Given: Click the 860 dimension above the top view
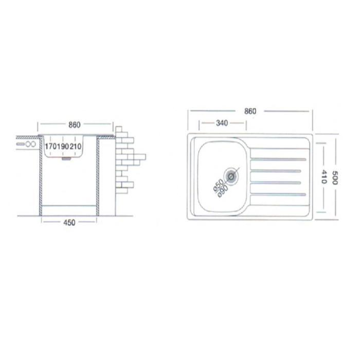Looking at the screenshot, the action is tap(250, 112).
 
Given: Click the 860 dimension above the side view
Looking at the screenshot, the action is tap(75, 125).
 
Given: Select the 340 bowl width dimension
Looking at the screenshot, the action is tap(222, 123).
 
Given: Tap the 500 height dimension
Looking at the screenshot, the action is tap(335, 178).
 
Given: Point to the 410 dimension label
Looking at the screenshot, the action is tap(323, 176).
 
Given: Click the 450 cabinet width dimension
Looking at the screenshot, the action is tap(69, 223).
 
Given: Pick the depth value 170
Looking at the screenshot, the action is tap(51, 147).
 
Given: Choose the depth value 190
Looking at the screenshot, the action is tap(63, 147).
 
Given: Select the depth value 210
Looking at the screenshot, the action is tap(76, 147).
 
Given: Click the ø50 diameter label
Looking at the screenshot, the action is tap(218, 185).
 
